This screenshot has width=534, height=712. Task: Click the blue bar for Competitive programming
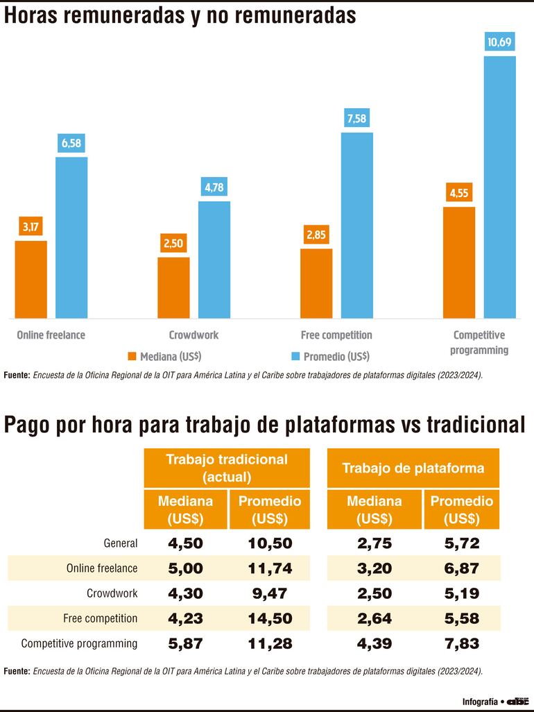(x=499, y=187)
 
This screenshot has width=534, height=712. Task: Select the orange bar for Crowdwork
(x=173, y=288)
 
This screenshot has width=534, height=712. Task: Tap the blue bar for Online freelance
(x=71, y=238)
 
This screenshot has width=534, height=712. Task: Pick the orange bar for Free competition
(x=316, y=284)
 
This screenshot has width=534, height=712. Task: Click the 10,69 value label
(x=499, y=43)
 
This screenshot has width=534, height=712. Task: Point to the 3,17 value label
(x=31, y=227)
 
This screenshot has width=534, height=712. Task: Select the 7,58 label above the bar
(x=356, y=119)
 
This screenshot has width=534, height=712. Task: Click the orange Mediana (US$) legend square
(x=132, y=356)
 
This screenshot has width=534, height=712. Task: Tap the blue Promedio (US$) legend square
(x=295, y=356)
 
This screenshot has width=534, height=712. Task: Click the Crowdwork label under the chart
(x=193, y=335)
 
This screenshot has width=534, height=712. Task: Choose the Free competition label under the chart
(x=336, y=335)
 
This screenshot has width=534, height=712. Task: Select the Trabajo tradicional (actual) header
(x=226, y=468)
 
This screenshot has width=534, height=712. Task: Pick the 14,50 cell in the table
(x=270, y=618)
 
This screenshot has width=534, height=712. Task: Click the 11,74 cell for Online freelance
(x=270, y=568)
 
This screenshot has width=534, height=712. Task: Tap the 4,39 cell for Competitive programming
(x=374, y=643)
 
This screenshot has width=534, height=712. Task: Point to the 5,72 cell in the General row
(x=462, y=543)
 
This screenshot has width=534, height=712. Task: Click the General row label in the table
(x=121, y=543)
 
